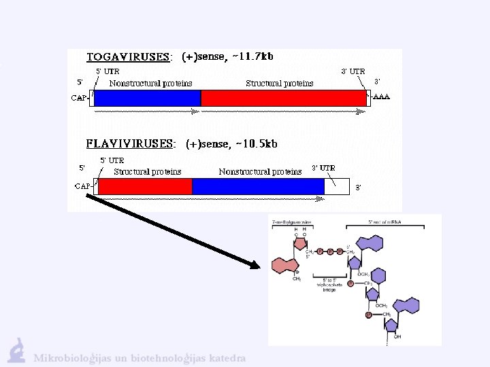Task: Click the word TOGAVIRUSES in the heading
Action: (x=128, y=57)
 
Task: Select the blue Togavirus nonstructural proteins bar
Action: (x=147, y=98)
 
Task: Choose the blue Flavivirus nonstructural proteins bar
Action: (x=258, y=186)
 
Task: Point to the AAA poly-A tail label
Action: (x=382, y=97)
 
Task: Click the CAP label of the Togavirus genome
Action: (x=80, y=98)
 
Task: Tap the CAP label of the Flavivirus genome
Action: (x=83, y=186)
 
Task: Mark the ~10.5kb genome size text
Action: (x=256, y=144)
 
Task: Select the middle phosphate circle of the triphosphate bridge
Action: (x=331, y=251)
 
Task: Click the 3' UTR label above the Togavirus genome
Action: (x=353, y=71)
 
